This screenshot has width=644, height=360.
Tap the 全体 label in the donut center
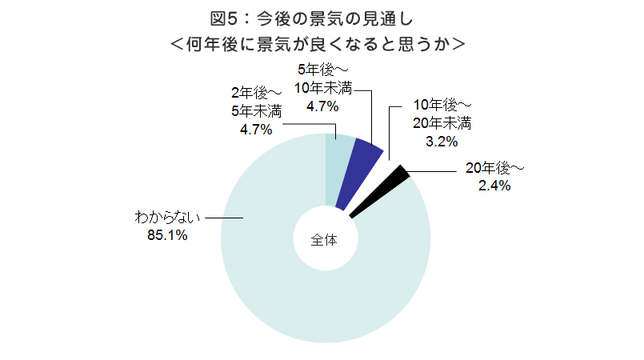point(325,239)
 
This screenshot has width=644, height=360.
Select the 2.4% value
point(494,186)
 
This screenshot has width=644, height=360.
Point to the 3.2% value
point(441,142)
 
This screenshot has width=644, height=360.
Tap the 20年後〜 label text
point(494,168)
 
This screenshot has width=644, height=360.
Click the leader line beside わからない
point(223,218)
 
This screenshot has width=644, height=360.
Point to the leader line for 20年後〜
point(436,170)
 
